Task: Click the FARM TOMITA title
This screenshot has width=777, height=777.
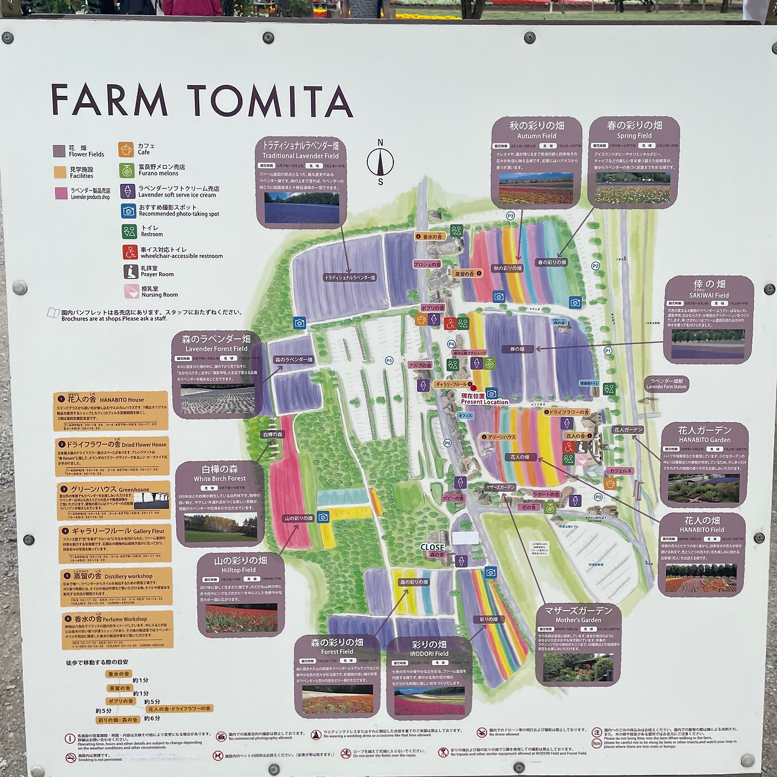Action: click(202, 100)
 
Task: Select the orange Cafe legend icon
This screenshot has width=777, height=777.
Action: click(126, 149)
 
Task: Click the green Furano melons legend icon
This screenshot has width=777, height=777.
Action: click(126, 169)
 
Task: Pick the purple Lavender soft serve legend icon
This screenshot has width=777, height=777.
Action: click(127, 191)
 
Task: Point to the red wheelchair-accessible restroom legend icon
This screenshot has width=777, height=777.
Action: click(129, 252)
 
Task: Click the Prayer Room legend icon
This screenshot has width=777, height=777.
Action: click(131, 271)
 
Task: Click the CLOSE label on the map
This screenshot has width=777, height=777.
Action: click(432, 547)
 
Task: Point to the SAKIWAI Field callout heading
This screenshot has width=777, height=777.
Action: click(709, 288)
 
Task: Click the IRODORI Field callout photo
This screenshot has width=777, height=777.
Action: click(429, 701)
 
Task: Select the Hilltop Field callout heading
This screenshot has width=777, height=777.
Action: click(240, 564)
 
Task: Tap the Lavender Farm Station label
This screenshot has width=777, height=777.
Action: click(667, 384)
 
